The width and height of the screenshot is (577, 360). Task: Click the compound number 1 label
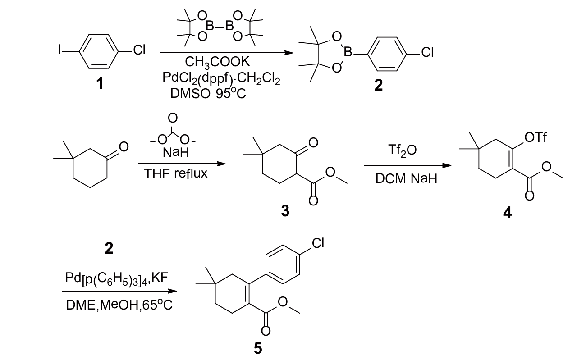tap(100, 83)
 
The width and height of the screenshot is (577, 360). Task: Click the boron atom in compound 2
tap(348, 54)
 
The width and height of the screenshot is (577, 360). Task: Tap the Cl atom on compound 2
tap(427, 54)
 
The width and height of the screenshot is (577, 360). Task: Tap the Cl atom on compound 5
tap(318, 244)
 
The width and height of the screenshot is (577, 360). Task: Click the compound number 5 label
tap(257, 348)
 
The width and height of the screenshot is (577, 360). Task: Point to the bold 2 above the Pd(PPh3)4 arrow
tap(109, 247)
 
